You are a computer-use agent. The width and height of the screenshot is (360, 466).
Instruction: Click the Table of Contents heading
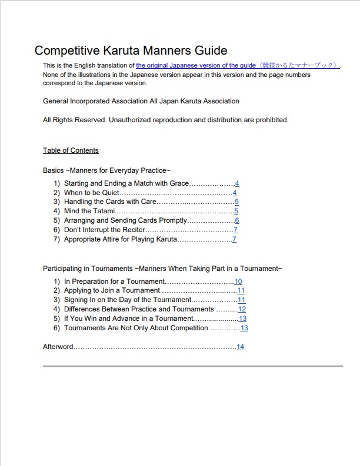click(71, 150)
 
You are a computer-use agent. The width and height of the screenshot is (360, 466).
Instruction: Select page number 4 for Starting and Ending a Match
click(237, 183)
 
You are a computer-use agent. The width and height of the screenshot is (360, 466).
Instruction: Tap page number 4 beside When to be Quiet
click(235, 193)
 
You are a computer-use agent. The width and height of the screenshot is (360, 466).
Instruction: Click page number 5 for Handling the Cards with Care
click(236, 202)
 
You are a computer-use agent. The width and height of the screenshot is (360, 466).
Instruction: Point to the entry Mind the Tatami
click(89, 211)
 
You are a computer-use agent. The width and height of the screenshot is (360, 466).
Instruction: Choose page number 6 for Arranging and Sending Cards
click(236, 220)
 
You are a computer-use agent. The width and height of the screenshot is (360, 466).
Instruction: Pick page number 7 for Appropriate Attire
click(234, 239)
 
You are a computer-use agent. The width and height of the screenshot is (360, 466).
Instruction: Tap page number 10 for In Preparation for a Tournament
click(238, 281)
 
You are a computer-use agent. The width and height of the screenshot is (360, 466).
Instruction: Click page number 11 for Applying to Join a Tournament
click(241, 290)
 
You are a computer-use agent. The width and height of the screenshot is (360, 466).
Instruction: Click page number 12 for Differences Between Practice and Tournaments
click(242, 309)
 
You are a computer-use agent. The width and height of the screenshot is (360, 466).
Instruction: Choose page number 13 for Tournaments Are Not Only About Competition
click(244, 328)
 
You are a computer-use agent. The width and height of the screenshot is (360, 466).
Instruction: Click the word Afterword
click(58, 347)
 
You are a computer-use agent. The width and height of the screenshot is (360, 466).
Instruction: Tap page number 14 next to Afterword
click(241, 347)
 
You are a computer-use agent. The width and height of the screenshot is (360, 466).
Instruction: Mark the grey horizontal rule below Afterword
click(192, 366)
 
